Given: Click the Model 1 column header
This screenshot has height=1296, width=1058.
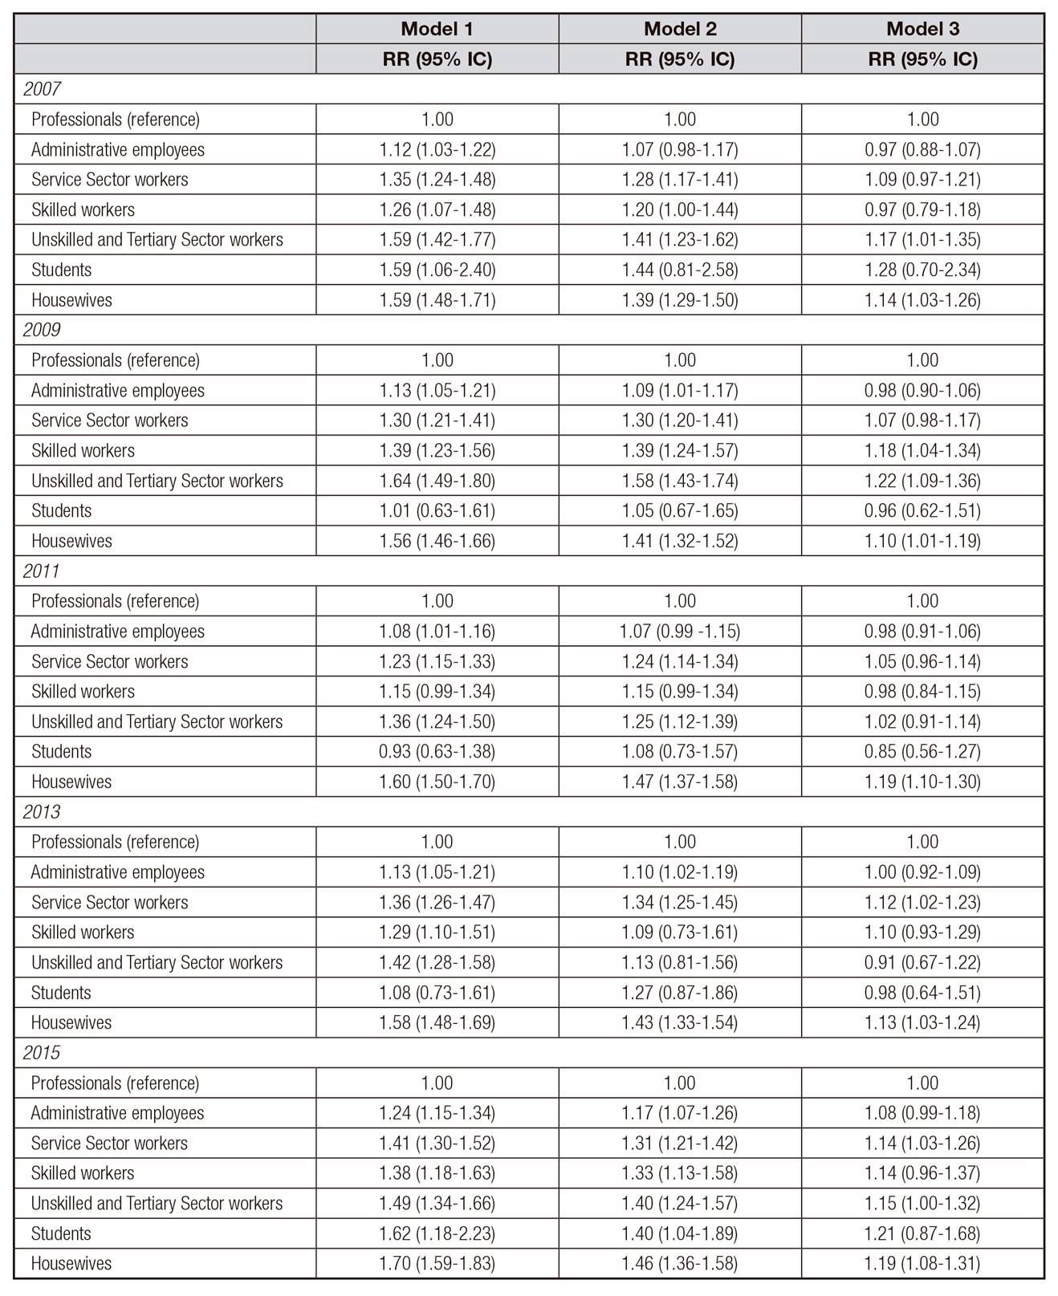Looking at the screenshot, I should click(437, 29).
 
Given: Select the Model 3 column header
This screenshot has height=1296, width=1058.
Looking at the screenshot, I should click(922, 29).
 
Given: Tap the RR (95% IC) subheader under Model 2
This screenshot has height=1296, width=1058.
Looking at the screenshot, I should click(679, 59).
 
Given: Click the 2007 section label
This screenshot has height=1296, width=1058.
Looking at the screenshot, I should click(42, 89).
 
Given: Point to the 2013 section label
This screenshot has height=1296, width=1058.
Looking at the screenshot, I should click(42, 812).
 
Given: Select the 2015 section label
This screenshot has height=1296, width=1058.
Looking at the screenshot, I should click(42, 1053).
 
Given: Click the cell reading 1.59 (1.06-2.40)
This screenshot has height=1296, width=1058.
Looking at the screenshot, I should click(437, 270).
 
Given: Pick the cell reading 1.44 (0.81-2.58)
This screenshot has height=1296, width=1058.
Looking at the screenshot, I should click(679, 270).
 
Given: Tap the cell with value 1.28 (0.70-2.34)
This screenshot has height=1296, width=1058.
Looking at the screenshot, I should click(922, 270).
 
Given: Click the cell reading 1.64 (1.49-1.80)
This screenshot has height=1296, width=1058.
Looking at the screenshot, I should click(437, 481).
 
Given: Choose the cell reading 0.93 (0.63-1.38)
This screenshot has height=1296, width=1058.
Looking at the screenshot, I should click(437, 752).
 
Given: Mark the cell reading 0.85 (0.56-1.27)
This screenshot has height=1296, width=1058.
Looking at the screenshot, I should click(922, 752).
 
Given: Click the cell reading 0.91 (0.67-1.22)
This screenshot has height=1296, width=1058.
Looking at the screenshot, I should click(922, 962).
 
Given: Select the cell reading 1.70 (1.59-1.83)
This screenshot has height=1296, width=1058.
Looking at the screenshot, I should click(437, 1263).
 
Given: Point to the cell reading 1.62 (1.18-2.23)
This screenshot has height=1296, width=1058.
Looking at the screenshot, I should click(437, 1233).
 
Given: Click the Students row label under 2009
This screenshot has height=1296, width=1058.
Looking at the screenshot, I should click(61, 511).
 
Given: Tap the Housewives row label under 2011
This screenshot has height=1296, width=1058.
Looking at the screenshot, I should click(71, 782).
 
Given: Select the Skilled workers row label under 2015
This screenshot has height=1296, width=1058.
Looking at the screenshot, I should click(83, 1173).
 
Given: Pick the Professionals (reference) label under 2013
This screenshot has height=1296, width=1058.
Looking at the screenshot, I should click(115, 842).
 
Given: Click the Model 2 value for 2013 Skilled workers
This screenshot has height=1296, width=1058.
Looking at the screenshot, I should click(679, 932).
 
